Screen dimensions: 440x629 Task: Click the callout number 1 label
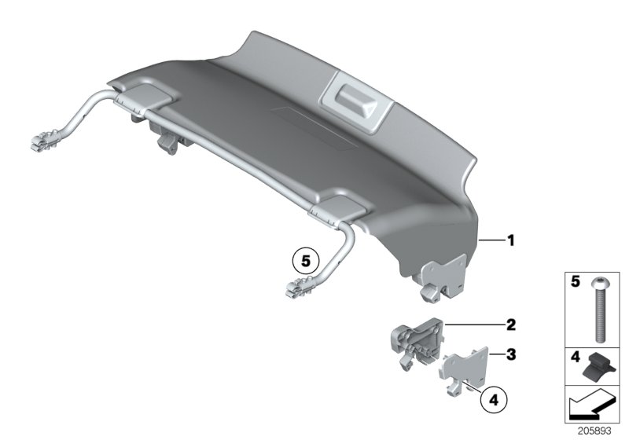pos(510,241)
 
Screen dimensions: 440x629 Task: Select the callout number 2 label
pos(510,324)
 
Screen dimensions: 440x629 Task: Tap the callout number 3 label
pos(510,354)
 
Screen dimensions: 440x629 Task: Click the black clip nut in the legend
pos(599,365)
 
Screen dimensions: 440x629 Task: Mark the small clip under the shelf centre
pos(168,141)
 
